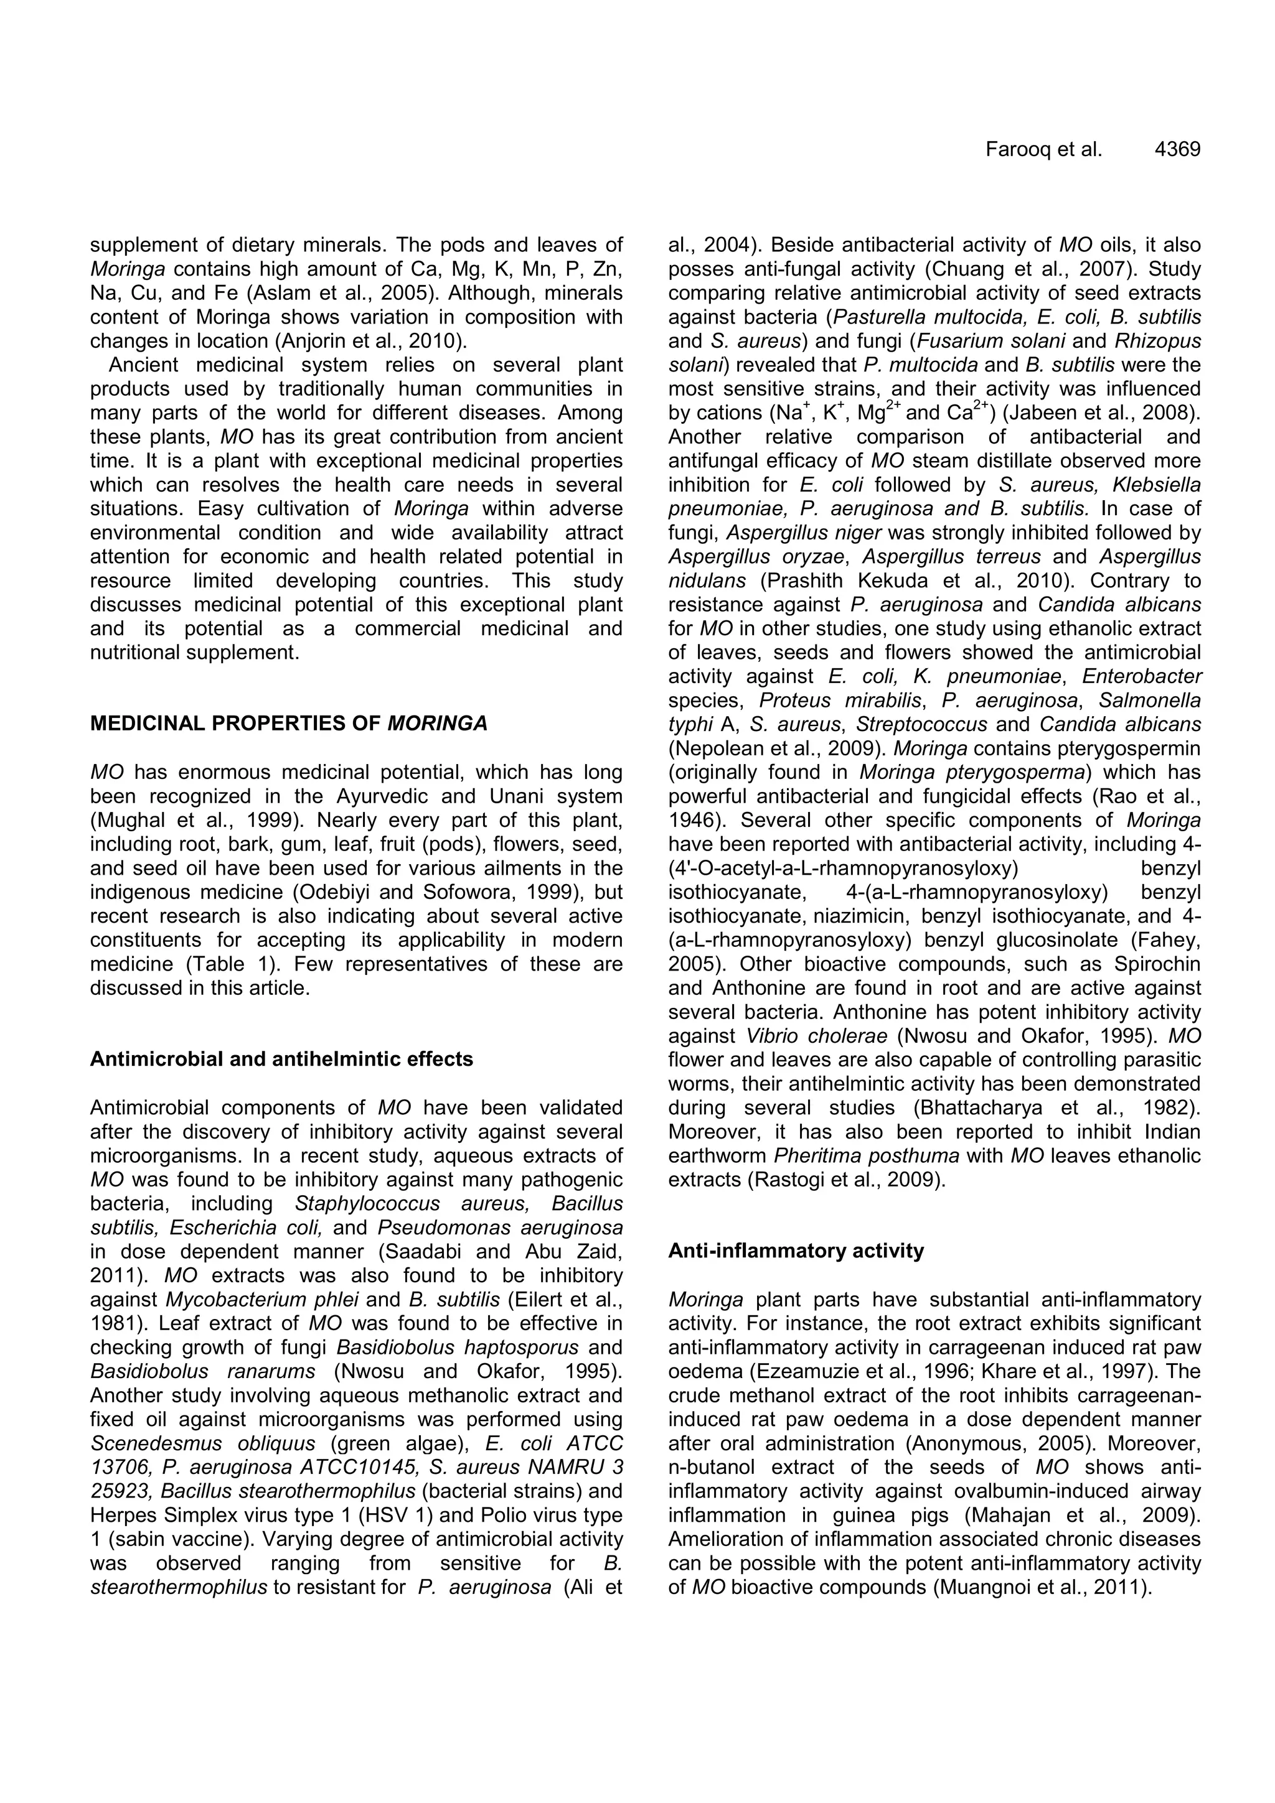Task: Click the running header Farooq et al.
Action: pyautogui.click(x=1044, y=149)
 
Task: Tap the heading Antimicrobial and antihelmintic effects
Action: pyautogui.click(x=281, y=1060)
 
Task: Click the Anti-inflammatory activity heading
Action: pyautogui.click(x=796, y=1251)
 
